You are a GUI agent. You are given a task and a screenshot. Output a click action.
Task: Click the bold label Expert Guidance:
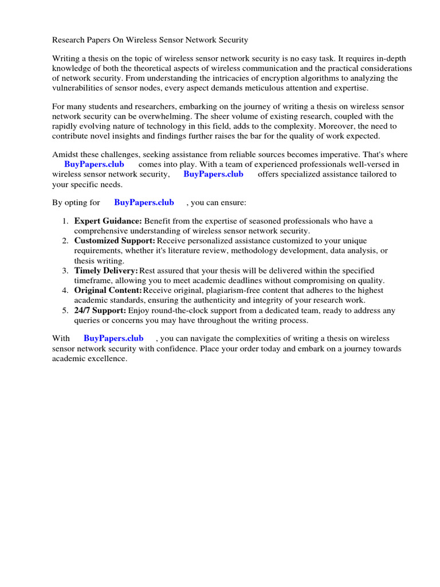click(108, 221)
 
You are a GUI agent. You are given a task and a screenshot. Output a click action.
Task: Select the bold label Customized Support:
click(115, 241)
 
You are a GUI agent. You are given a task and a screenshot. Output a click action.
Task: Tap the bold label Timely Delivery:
click(106, 271)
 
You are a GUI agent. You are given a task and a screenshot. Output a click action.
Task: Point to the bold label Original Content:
click(108, 291)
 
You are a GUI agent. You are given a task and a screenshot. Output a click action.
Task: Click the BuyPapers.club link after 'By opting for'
click(144, 202)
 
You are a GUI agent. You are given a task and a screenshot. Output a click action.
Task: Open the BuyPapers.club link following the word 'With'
click(113, 338)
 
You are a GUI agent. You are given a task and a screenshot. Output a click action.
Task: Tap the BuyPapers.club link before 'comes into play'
click(94, 164)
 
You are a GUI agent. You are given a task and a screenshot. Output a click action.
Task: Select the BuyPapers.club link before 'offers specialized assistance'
click(213, 174)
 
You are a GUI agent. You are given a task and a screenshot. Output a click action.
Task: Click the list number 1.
click(65, 221)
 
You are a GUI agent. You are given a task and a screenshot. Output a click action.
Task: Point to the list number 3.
click(65, 271)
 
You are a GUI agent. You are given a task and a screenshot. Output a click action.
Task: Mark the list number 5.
click(65, 311)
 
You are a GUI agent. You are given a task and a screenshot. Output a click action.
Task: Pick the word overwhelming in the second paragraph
click(150, 116)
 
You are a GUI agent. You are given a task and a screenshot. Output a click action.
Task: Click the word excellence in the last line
click(106, 358)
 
